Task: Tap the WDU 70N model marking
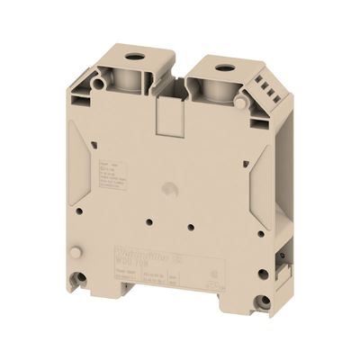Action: [142, 266]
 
